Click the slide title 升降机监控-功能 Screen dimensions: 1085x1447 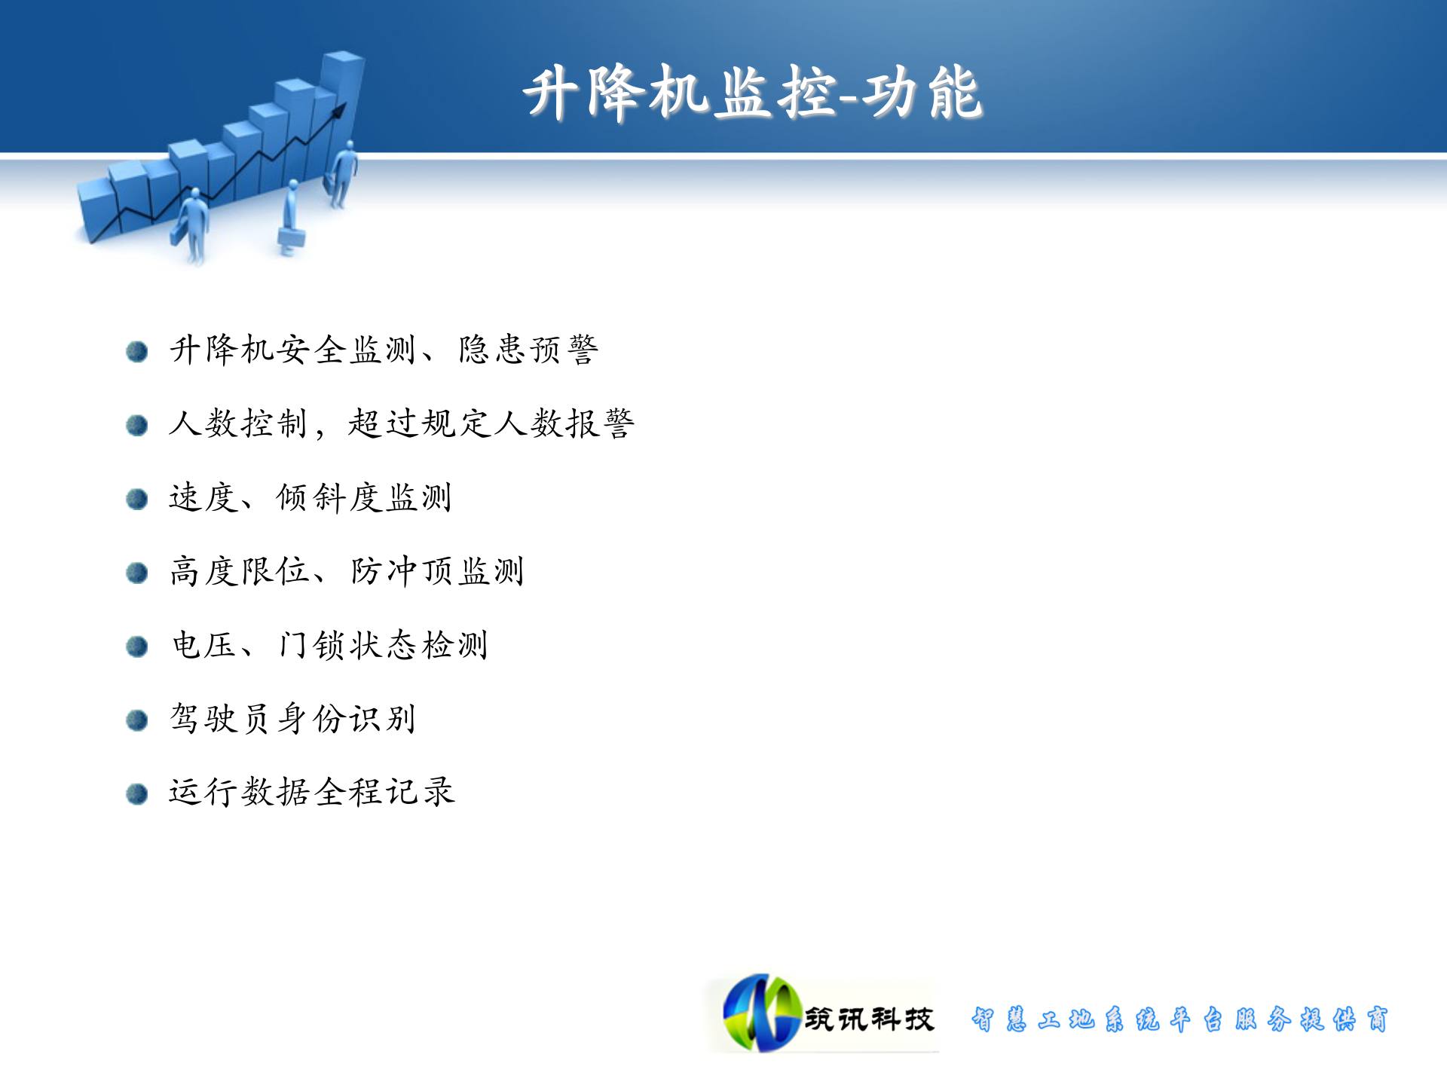coord(752,93)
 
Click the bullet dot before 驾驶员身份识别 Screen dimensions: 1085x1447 coord(136,720)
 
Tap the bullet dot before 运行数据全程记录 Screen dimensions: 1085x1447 coord(136,794)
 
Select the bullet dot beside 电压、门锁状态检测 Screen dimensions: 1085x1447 coord(136,646)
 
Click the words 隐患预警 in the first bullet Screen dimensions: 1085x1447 coord(528,350)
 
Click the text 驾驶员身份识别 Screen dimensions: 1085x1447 coord(292,719)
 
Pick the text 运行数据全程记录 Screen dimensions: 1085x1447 coord(311,793)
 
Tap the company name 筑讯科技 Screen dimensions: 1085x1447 coord(869,1019)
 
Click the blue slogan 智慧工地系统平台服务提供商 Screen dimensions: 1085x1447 coord(1179,1019)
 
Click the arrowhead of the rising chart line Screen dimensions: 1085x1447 coord(340,110)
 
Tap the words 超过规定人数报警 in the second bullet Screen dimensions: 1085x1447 coord(491,423)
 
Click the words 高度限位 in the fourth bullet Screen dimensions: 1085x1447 coord(240,571)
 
